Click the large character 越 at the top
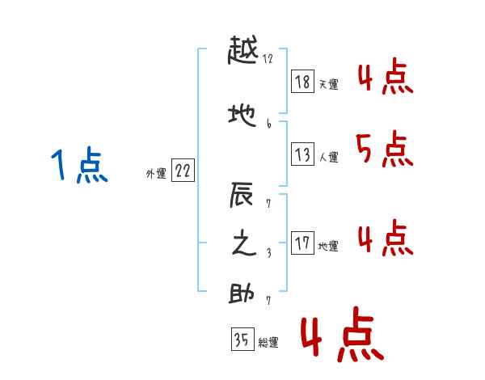click(x=243, y=55)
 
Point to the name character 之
click(x=243, y=244)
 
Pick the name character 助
click(x=243, y=294)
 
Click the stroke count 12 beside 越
click(x=268, y=58)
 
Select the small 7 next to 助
click(x=268, y=300)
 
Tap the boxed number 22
click(x=183, y=170)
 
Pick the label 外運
click(x=155, y=173)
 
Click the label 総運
click(x=268, y=343)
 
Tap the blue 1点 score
click(x=79, y=166)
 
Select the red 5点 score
click(x=383, y=148)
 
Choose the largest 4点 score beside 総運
click(x=342, y=337)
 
